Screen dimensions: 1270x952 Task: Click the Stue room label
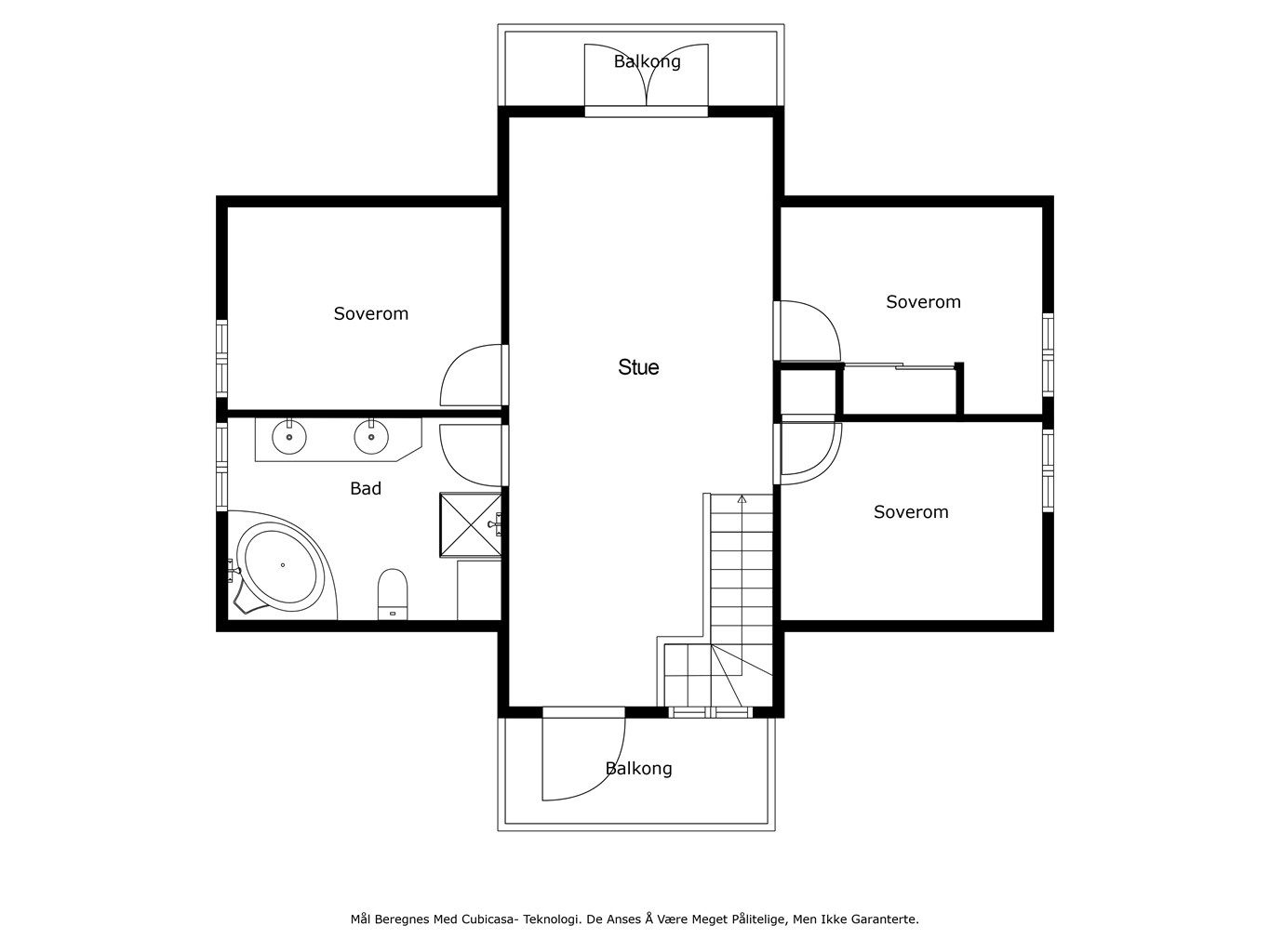pos(638,367)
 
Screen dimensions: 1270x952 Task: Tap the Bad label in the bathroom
pos(366,488)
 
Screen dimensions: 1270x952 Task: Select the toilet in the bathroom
pos(393,594)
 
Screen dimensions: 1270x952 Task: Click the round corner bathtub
pos(282,566)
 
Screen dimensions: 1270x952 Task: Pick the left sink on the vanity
pos(289,437)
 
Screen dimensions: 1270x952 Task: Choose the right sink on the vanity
pos(371,437)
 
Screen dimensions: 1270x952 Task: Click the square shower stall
pos(471,525)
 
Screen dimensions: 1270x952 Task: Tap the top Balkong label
pos(647,61)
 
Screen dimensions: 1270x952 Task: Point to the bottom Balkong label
pos(639,769)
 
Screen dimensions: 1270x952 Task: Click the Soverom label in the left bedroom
pos(371,314)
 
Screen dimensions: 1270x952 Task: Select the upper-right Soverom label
pos(924,302)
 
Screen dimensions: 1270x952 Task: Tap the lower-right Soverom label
pos(911,512)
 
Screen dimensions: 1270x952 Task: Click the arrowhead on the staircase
pos(742,499)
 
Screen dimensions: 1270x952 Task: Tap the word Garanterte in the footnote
pos(885,919)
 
